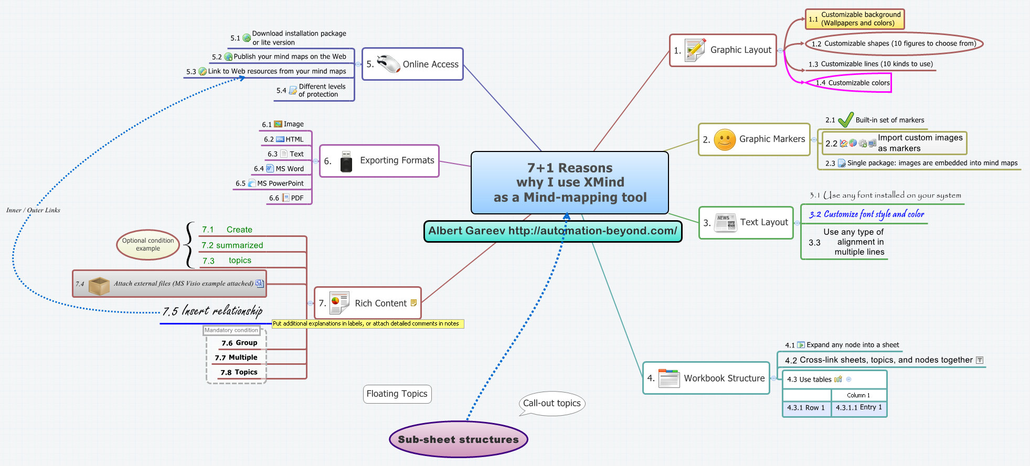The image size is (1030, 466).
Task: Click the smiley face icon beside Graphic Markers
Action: [x=725, y=140]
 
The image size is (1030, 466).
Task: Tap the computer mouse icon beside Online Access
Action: [x=388, y=64]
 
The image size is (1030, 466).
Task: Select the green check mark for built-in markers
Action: [x=845, y=120]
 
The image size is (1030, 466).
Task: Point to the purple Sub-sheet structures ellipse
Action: [x=458, y=439]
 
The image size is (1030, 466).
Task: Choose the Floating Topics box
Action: [x=397, y=394]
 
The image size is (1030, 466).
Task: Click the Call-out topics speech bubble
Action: [x=552, y=403]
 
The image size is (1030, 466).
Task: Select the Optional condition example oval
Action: [x=148, y=245]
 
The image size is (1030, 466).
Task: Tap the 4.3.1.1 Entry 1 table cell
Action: [x=859, y=407]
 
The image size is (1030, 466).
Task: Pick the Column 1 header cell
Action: [x=858, y=395]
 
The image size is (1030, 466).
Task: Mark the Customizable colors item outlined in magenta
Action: [x=853, y=83]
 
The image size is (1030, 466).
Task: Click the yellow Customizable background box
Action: [x=855, y=19]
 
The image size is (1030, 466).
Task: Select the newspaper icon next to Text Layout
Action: [x=726, y=223]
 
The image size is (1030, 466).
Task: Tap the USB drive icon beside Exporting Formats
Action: [x=346, y=161]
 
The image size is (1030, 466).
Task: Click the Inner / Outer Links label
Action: [x=33, y=210]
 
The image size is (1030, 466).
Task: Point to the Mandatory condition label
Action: [x=231, y=330]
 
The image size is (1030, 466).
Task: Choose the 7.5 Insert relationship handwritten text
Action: [x=213, y=311]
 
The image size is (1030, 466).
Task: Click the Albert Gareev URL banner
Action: [x=553, y=231]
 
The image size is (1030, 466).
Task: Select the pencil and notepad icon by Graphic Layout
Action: [x=695, y=50]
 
